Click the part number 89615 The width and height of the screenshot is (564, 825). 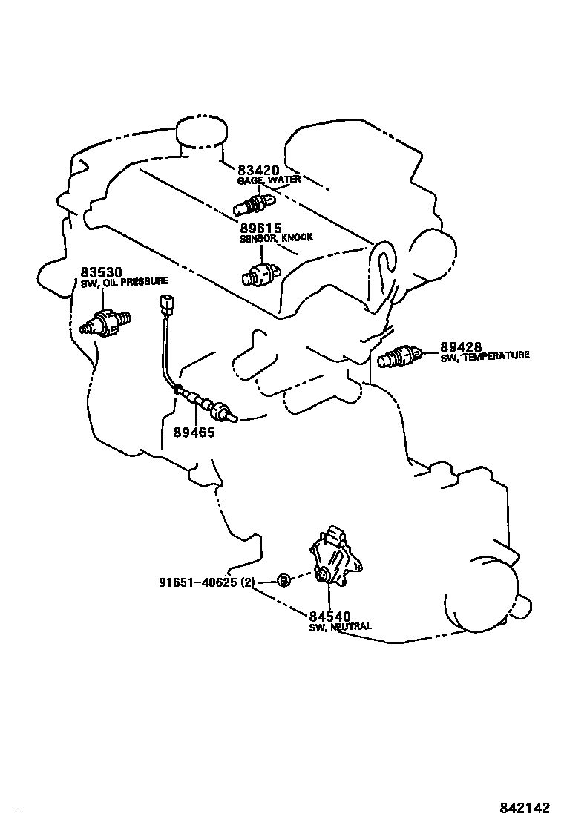(260, 228)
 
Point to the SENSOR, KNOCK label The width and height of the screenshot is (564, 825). (276, 238)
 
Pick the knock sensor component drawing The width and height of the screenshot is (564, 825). (262, 274)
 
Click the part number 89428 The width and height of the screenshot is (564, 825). (461, 346)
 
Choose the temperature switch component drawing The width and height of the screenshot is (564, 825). (399, 357)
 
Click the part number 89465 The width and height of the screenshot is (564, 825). (195, 432)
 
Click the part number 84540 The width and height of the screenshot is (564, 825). (330, 616)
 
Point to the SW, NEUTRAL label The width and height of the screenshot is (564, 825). (340, 627)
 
